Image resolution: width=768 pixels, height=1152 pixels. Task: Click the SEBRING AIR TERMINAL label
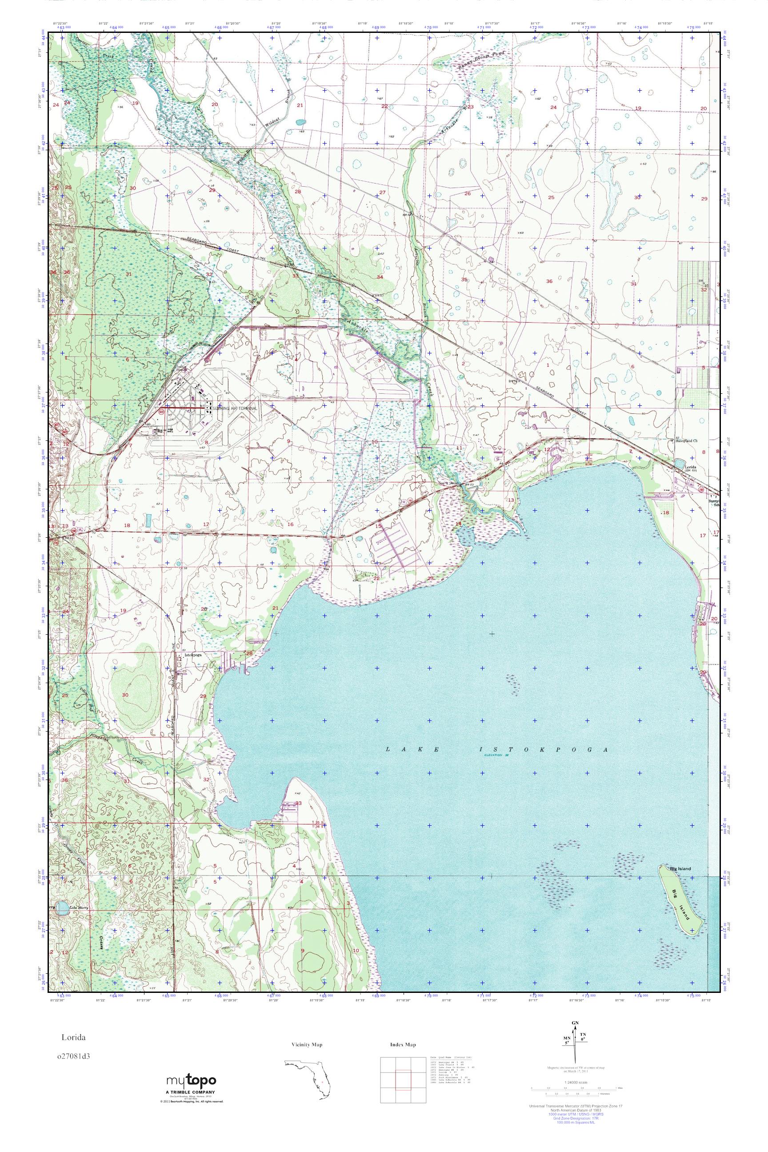(x=235, y=408)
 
